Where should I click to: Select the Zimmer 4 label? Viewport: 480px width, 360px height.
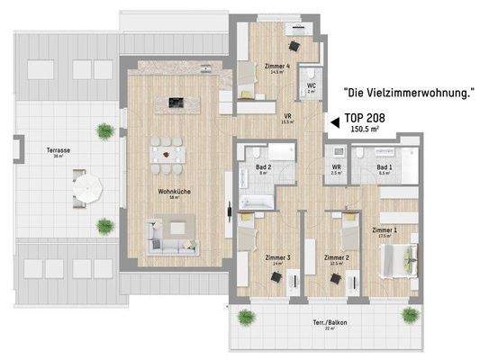tap(277, 67)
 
